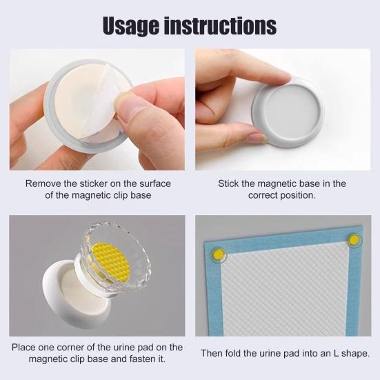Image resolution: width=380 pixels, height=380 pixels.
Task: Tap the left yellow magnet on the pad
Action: (219, 254)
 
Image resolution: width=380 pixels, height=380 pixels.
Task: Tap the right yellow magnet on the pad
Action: (354, 240)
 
